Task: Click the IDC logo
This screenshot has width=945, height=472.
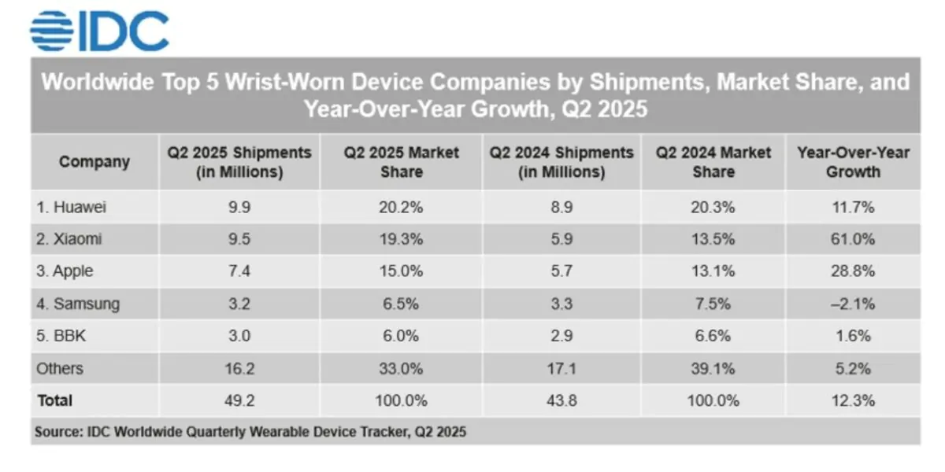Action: tap(99, 31)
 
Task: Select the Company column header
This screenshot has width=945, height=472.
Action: tap(94, 162)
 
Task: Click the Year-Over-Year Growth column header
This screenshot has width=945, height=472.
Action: tap(852, 162)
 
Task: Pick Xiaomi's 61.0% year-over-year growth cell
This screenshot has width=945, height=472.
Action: tap(852, 239)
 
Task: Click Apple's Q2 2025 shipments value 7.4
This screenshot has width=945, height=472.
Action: tap(239, 271)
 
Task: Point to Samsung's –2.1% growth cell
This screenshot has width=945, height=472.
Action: tap(852, 304)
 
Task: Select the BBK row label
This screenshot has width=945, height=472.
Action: tap(62, 336)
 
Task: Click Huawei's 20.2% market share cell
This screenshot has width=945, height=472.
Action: tap(402, 208)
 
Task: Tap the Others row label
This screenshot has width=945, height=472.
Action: tap(59, 368)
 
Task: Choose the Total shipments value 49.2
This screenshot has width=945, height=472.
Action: tap(239, 400)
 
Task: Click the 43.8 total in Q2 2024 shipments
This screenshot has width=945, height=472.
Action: tap(561, 400)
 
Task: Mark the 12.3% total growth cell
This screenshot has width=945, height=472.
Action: tap(852, 400)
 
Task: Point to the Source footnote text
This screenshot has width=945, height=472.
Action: tap(250, 432)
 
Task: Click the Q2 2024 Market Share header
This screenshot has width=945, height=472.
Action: tap(713, 162)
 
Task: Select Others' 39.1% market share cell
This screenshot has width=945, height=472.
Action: tap(713, 368)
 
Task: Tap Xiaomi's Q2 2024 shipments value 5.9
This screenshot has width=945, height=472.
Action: tap(561, 239)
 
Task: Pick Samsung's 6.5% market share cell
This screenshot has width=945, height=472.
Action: tap(402, 304)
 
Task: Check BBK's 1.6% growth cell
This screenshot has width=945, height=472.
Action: tap(852, 336)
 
